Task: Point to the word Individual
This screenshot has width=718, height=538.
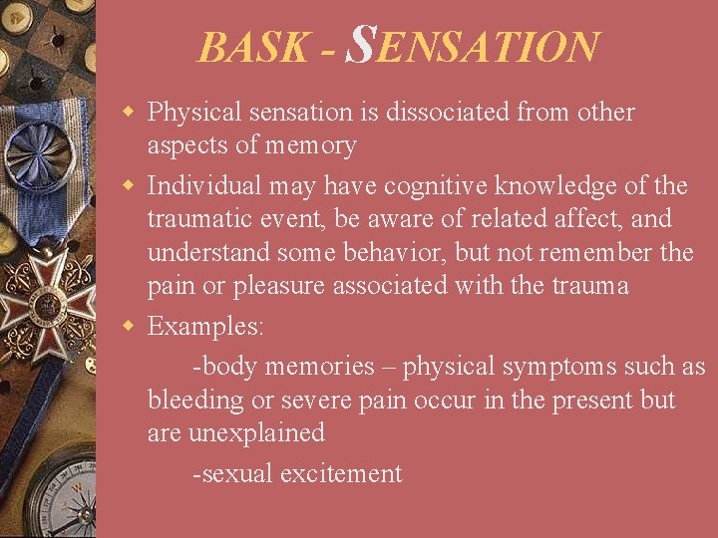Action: (x=203, y=185)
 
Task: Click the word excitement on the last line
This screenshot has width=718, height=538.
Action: (x=341, y=473)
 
